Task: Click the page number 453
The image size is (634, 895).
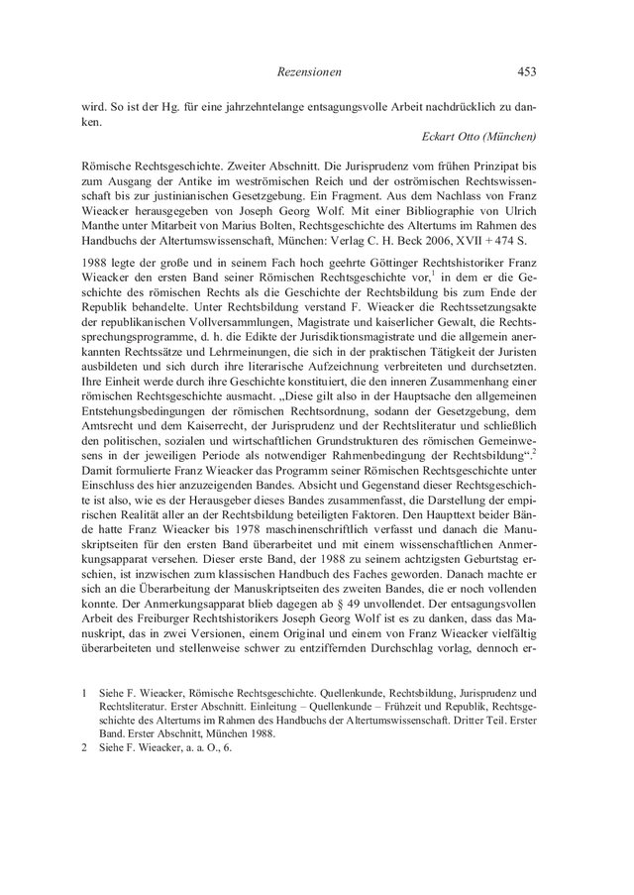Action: pos(525,70)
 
